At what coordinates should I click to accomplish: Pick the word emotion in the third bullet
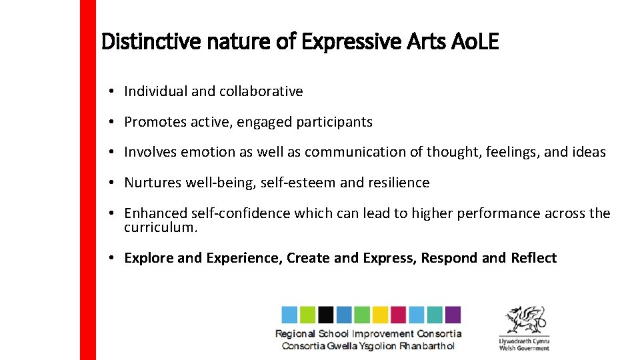(212, 152)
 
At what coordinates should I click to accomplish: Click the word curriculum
(161, 228)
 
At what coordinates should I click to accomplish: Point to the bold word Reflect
(533, 258)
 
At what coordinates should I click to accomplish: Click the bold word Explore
(149, 258)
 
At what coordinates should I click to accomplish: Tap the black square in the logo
(325, 315)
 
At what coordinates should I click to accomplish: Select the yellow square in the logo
(380, 315)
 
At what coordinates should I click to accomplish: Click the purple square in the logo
(453, 315)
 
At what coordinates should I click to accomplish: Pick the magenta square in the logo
(398, 315)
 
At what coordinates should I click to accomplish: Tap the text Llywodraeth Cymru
(524, 341)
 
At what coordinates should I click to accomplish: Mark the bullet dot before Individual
(115, 91)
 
